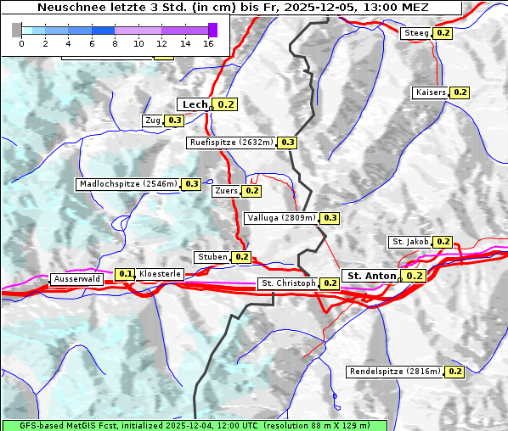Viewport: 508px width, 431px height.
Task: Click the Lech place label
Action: click(x=195, y=104)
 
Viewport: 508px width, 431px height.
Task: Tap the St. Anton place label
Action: click(x=372, y=276)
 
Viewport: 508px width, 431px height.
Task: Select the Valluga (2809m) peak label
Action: click(x=281, y=218)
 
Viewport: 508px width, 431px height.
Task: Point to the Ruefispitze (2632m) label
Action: click(x=231, y=143)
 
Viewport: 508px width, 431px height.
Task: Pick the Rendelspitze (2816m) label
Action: click(x=395, y=372)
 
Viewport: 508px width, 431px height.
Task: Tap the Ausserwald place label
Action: click(x=77, y=279)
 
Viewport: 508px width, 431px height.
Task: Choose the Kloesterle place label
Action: click(x=160, y=274)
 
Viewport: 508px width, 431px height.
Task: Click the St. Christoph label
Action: click(x=288, y=283)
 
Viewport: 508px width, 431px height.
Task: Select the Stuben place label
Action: click(x=212, y=257)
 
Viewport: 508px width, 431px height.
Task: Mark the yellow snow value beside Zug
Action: click(x=174, y=120)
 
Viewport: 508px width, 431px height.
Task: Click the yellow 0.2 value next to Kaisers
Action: click(x=460, y=92)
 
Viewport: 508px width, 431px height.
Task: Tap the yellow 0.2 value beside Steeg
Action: click(x=443, y=33)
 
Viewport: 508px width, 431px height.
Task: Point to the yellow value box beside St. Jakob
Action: click(x=443, y=242)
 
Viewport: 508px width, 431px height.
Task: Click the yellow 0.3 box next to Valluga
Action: click(x=330, y=218)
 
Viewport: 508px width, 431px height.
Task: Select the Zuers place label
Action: click(x=225, y=191)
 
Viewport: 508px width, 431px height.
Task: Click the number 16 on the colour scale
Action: click(x=208, y=42)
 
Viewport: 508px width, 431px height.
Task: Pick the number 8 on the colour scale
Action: click(x=115, y=42)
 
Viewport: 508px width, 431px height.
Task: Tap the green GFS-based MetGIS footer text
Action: click(x=194, y=425)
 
